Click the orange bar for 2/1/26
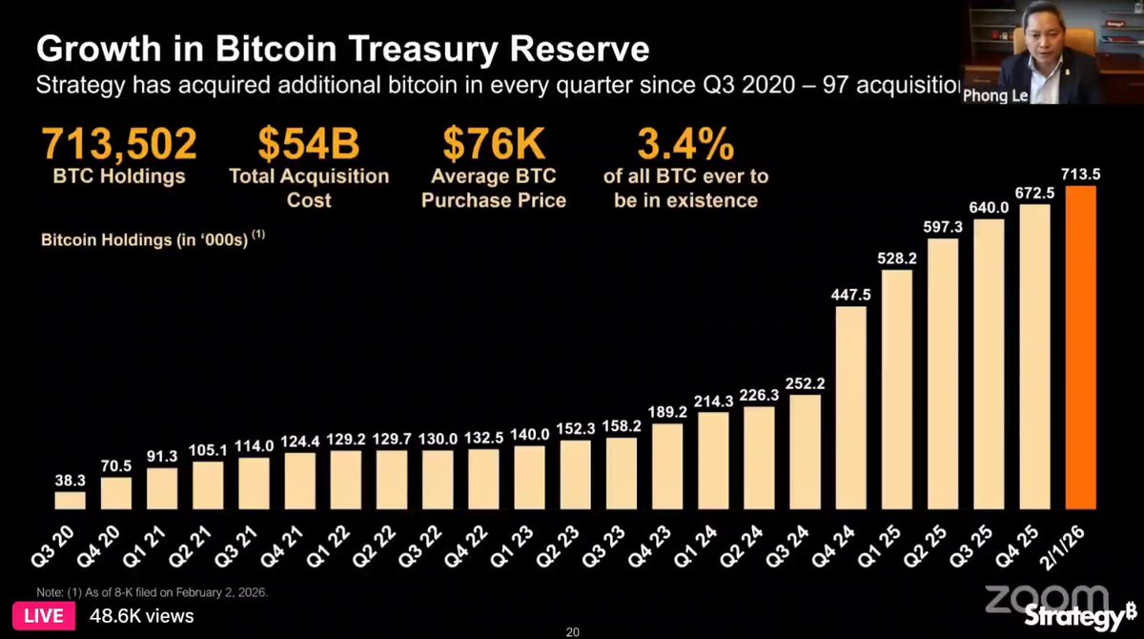1081,347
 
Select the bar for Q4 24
850,407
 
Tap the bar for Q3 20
70,501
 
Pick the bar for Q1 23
530,478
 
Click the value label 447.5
850,295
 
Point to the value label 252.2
805,383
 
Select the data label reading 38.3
70,480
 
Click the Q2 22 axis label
376,546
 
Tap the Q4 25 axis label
1018,546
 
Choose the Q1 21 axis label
146,546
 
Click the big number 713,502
119,143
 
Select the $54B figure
309,143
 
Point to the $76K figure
494,143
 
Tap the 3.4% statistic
685,143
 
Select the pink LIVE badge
44,615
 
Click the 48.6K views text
142,616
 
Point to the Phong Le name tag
995,96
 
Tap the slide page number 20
573,632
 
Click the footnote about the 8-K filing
153,592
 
